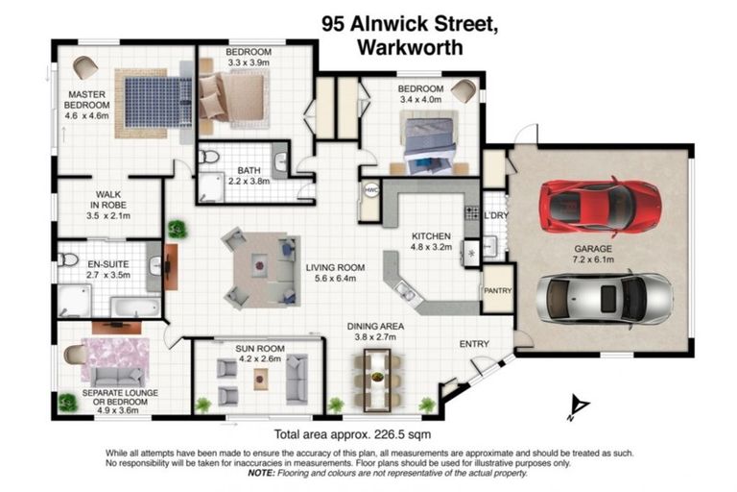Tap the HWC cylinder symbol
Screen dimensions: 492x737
coord(371,191)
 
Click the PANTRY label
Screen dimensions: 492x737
coord(497,290)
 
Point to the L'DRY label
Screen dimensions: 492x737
coord(495,215)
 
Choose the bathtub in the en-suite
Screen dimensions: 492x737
coord(134,306)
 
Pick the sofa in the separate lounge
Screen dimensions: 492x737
coord(117,376)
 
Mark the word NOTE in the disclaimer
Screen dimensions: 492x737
coord(261,474)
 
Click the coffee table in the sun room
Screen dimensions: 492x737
coord(261,378)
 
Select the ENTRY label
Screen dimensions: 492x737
coord(474,344)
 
